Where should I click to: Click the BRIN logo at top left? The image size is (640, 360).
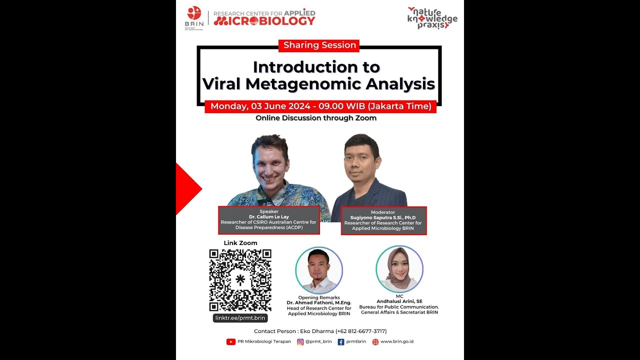pos(194,17)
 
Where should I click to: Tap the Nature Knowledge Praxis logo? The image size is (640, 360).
pos(432,18)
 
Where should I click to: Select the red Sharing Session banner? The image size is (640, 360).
pos(319,45)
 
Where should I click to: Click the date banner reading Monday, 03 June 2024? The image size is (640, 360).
pos(320,106)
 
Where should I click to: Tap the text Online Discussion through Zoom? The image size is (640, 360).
pos(316,118)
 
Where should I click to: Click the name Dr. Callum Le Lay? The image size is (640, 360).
pos(269,216)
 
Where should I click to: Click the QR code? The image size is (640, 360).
pos(240,280)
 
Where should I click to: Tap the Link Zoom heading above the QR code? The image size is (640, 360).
pos(240,243)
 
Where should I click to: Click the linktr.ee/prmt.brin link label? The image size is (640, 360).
pos(240,318)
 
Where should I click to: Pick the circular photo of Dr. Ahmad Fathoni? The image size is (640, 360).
pos(319,270)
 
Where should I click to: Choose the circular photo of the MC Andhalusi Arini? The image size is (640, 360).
pos(399,269)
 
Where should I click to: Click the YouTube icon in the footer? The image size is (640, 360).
pos(231,342)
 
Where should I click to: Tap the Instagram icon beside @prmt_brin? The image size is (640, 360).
pos(300,342)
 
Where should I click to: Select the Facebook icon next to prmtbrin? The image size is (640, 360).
pos(341,342)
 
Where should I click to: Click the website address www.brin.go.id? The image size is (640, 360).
pos(397,342)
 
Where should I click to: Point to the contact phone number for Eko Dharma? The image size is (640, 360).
pos(361,331)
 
